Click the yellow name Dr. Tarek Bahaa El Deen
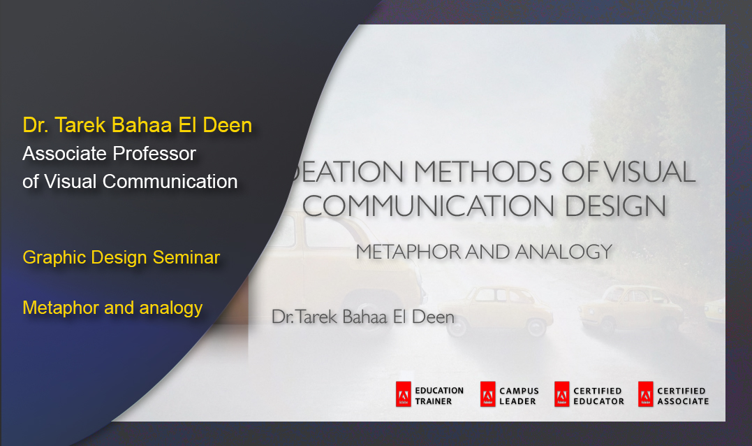point(138,125)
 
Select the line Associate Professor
point(109,153)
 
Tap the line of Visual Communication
point(130,181)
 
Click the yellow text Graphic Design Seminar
point(121,257)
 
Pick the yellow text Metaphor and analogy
point(112,307)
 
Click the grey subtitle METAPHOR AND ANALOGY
point(484,252)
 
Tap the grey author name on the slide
point(363,317)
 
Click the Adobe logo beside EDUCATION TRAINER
point(403,396)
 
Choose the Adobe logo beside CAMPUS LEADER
point(487,396)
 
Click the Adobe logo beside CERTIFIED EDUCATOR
point(561,396)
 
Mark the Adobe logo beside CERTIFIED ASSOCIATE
point(645,396)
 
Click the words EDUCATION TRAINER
point(438,396)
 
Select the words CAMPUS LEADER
point(519,396)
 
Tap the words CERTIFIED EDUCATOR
point(598,396)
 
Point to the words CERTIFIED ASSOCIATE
point(682,396)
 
